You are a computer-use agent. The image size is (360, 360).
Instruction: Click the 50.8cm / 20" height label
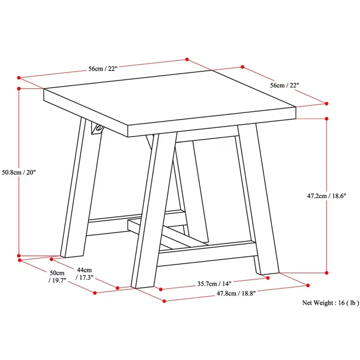(19, 172)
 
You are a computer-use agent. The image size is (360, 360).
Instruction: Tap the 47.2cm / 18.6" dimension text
(327, 196)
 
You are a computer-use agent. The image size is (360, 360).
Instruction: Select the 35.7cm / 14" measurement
(214, 284)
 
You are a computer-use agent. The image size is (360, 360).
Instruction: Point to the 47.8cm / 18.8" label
(236, 294)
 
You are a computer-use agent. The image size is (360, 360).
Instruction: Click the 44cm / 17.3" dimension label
(84, 274)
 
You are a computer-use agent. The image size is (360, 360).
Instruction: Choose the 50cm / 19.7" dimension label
(57, 277)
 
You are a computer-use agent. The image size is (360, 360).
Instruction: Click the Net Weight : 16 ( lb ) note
(330, 303)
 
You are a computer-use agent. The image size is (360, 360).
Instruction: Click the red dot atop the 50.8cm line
(19, 88)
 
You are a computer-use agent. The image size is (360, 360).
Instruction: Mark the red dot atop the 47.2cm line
(327, 118)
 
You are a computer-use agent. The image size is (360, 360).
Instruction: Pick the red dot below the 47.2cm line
(327, 273)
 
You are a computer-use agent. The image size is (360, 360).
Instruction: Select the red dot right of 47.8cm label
(308, 285)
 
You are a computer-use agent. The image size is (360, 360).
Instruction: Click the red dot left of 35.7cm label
(161, 289)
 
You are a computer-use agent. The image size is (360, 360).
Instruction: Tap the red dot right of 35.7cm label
(268, 278)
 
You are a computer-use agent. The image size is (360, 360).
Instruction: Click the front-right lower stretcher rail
(207, 254)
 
